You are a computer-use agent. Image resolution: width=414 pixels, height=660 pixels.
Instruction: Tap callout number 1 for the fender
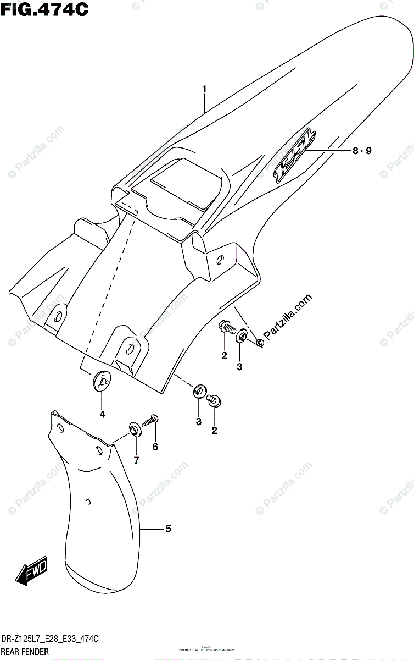tap(204, 89)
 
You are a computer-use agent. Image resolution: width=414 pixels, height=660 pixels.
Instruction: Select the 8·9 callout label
tap(362, 150)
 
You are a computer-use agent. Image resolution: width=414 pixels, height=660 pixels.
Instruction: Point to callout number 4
tap(102, 414)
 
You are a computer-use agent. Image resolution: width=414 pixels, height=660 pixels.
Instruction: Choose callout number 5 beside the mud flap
tap(168, 529)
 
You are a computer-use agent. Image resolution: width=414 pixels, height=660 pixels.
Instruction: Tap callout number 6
tap(155, 447)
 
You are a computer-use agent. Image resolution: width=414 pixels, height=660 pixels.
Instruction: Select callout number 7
tap(136, 460)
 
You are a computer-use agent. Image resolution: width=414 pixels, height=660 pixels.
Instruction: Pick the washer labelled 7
tap(134, 428)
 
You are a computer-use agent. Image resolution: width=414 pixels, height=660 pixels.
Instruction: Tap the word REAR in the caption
tap(13, 652)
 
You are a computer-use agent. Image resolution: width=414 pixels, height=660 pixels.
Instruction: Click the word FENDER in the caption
tap(37, 652)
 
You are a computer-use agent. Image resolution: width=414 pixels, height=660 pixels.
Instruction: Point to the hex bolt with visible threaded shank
tap(226, 328)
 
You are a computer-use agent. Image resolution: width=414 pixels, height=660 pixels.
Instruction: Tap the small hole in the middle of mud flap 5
tap(89, 502)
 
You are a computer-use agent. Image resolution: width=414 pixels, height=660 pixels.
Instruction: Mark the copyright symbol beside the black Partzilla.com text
tap(260, 343)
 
